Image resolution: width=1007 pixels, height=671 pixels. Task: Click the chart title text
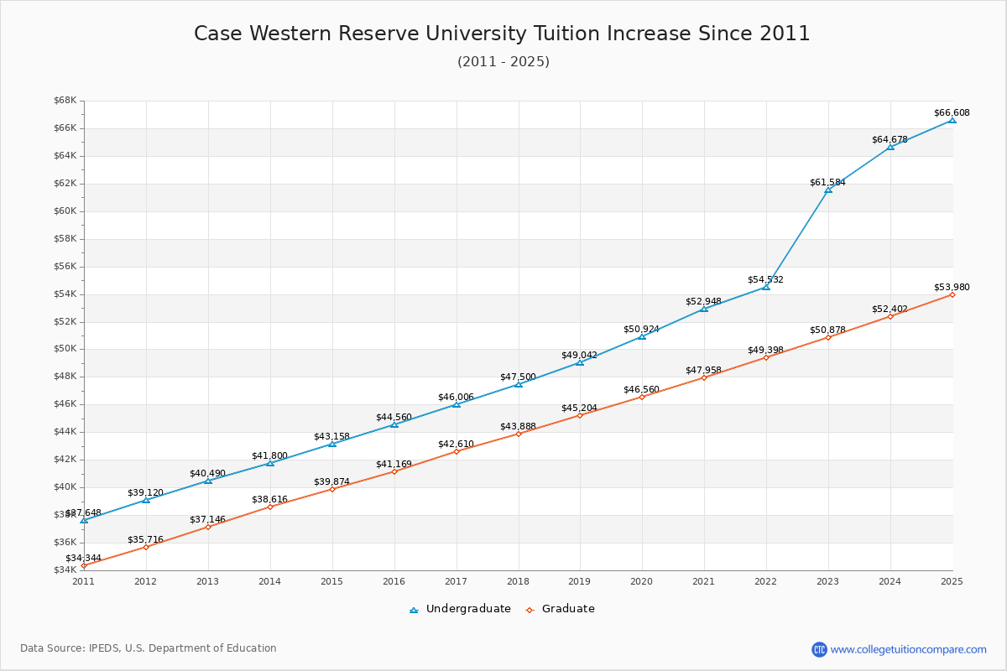502,34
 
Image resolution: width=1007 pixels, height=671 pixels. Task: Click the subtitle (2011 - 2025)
503,62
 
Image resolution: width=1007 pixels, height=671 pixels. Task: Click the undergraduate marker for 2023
828,190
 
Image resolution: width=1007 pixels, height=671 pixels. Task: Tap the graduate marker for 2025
952,294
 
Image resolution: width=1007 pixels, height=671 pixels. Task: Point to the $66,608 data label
952,112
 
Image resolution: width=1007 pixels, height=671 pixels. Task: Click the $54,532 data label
765,279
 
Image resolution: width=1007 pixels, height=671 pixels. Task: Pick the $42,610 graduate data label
456,444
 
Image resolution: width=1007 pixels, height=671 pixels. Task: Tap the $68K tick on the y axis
65,101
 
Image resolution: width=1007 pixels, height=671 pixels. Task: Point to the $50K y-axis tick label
65,349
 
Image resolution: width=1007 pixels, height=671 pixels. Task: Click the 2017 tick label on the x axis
456,580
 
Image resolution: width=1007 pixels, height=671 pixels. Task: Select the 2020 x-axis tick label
642,580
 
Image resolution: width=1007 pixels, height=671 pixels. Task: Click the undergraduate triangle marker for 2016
394,424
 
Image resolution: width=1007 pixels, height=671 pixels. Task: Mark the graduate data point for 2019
580,415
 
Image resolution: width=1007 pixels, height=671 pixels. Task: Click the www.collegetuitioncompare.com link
908,649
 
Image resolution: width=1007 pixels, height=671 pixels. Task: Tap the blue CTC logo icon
819,649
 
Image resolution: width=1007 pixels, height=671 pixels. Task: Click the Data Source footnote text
149,648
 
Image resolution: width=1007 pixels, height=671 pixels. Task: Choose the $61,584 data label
827,182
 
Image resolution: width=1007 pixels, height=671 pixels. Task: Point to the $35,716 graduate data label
145,539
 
